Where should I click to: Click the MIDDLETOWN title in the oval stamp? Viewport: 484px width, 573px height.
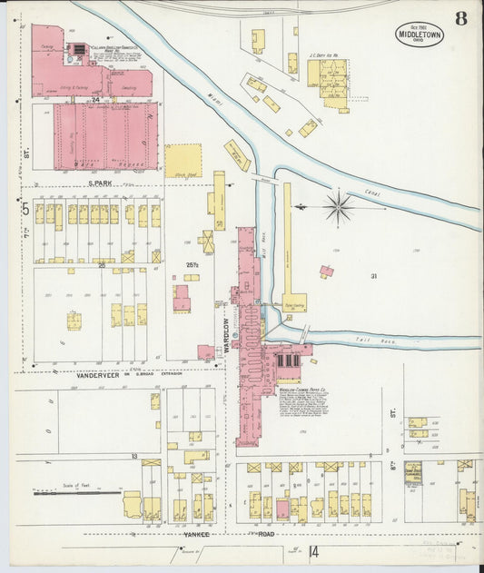click(x=420, y=35)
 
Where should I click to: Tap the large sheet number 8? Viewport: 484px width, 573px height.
click(x=461, y=19)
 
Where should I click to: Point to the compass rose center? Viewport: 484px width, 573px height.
click(x=338, y=206)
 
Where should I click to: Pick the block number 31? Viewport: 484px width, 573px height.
click(x=372, y=275)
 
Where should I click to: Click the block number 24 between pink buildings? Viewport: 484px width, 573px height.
click(x=94, y=100)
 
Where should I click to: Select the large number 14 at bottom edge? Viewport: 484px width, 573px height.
click(x=314, y=551)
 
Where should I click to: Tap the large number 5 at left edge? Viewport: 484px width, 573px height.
click(x=25, y=210)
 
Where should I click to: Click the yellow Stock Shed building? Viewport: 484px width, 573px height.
click(x=183, y=160)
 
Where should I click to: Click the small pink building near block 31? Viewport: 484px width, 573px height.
click(x=326, y=271)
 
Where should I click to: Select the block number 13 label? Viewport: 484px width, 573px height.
click(x=133, y=456)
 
